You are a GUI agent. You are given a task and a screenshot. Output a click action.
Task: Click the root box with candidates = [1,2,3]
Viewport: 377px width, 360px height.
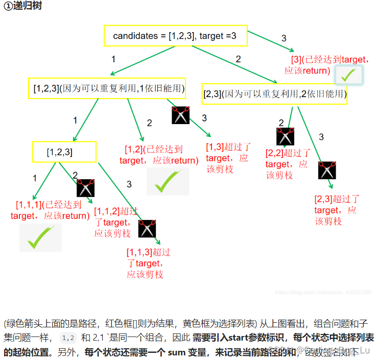pos(175,36)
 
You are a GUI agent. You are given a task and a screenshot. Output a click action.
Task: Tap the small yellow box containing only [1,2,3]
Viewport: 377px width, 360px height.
pos(64,152)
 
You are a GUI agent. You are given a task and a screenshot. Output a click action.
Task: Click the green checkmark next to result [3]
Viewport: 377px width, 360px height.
pos(349,75)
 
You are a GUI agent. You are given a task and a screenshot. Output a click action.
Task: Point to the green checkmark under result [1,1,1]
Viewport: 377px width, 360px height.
pos(40,237)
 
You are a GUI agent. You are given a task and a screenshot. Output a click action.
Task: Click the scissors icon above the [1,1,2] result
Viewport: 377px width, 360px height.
pos(86,188)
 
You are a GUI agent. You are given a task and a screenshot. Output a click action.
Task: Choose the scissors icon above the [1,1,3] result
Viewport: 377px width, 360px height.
pos(147,228)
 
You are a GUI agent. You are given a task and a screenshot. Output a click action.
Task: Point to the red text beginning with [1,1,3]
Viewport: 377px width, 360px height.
pos(148,263)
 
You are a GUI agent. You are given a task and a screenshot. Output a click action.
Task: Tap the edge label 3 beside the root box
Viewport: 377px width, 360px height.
pos(285,38)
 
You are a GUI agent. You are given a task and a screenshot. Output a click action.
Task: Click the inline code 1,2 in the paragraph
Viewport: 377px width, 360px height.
pos(68,338)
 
